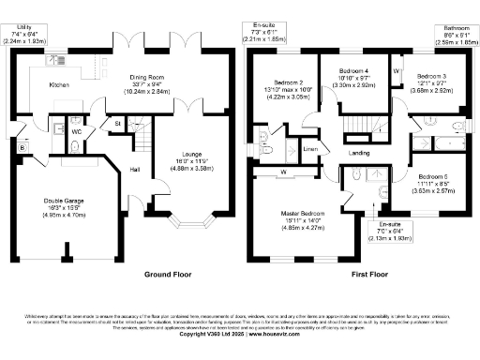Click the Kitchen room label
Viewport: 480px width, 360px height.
click(35, 84)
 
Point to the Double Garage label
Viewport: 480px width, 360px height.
click(64, 200)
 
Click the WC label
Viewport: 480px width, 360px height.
click(76, 132)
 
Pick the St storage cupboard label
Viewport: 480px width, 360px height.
click(119, 123)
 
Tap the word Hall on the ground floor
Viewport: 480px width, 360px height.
click(136, 169)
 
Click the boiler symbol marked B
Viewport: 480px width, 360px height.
click(22, 147)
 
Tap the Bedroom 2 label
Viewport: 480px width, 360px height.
click(288, 82)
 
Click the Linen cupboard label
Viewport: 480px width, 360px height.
click(311, 149)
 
